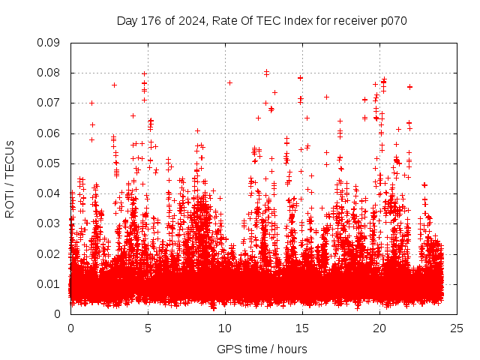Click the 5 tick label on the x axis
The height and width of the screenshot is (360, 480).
point(148,328)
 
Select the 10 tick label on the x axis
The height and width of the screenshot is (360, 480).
point(225,328)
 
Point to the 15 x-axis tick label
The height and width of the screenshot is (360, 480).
point(302,328)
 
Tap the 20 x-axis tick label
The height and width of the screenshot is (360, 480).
point(379,328)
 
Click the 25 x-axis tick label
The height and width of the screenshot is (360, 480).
point(457,328)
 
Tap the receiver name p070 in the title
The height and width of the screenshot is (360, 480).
point(392,20)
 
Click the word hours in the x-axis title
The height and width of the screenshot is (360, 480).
point(292,349)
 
